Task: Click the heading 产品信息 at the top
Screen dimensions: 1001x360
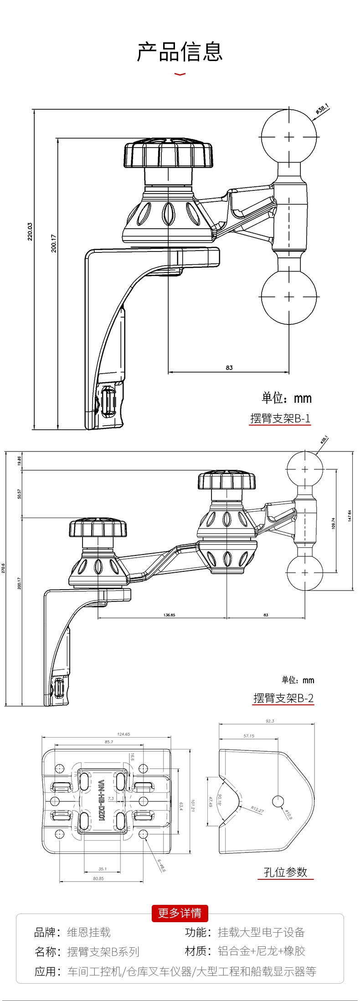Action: click(x=180, y=51)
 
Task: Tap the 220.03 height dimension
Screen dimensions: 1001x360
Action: click(x=30, y=231)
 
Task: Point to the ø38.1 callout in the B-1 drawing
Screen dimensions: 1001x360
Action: click(x=322, y=109)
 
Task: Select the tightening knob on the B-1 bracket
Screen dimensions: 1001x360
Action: click(x=168, y=155)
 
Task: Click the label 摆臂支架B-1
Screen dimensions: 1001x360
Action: click(x=280, y=418)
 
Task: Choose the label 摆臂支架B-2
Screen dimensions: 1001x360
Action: click(x=283, y=698)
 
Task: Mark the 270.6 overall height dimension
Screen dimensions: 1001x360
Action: click(x=4, y=568)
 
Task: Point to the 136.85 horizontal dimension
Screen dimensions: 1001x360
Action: click(x=169, y=615)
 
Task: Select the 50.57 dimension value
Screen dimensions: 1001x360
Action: click(x=19, y=494)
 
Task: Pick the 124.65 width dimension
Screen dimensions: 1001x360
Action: click(x=123, y=734)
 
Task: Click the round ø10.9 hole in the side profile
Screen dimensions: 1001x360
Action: click(x=278, y=801)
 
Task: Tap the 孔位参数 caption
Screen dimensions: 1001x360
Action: click(x=285, y=872)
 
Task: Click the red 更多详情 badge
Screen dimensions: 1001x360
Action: click(x=180, y=913)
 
